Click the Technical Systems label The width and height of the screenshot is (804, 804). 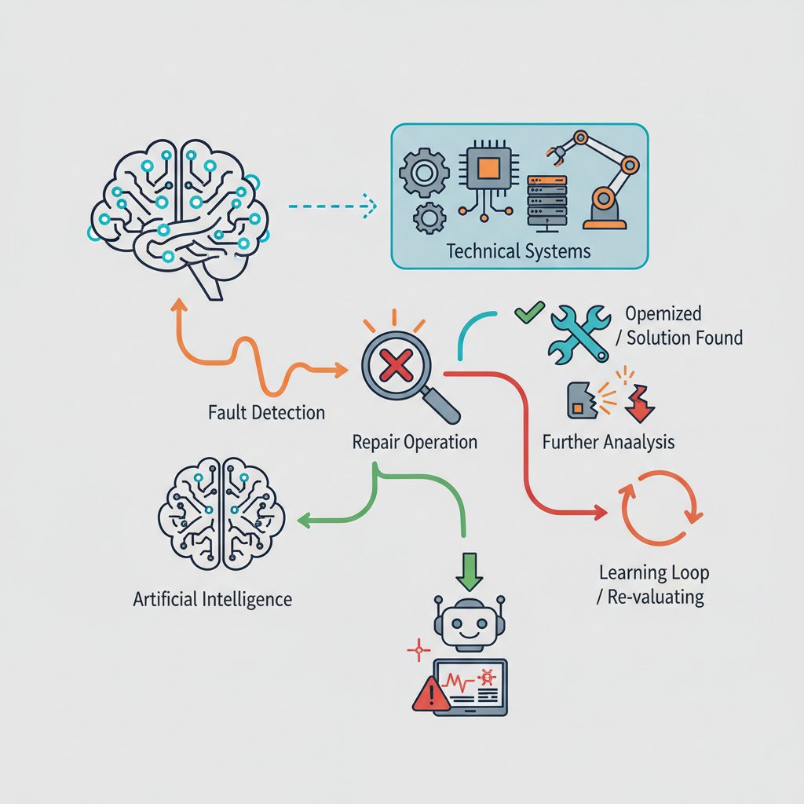pyautogui.click(x=518, y=251)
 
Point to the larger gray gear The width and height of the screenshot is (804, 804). pyautogui.click(x=424, y=173)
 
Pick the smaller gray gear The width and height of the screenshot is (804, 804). pyautogui.click(x=429, y=218)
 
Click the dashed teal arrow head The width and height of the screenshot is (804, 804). pyautogui.click(x=369, y=206)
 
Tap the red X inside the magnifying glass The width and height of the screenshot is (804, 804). pyautogui.click(x=396, y=366)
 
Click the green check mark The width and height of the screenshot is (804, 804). pyautogui.click(x=530, y=311)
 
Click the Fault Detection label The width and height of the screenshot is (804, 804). pyautogui.click(x=267, y=413)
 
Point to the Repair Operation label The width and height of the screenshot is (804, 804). pyautogui.click(x=415, y=442)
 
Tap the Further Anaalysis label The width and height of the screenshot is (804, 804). pyautogui.click(x=608, y=442)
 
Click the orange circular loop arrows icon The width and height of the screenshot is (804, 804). pyautogui.click(x=660, y=508)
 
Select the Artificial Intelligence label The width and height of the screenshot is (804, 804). pyautogui.click(x=212, y=599)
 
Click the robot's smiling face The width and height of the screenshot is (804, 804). pyautogui.click(x=469, y=624)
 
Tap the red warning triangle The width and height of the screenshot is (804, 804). pyautogui.click(x=431, y=694)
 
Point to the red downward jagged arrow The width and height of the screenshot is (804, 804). pyautogui.click(x=640, y=404)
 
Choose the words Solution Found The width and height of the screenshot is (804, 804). pyautogui.click(x=685, y=338)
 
